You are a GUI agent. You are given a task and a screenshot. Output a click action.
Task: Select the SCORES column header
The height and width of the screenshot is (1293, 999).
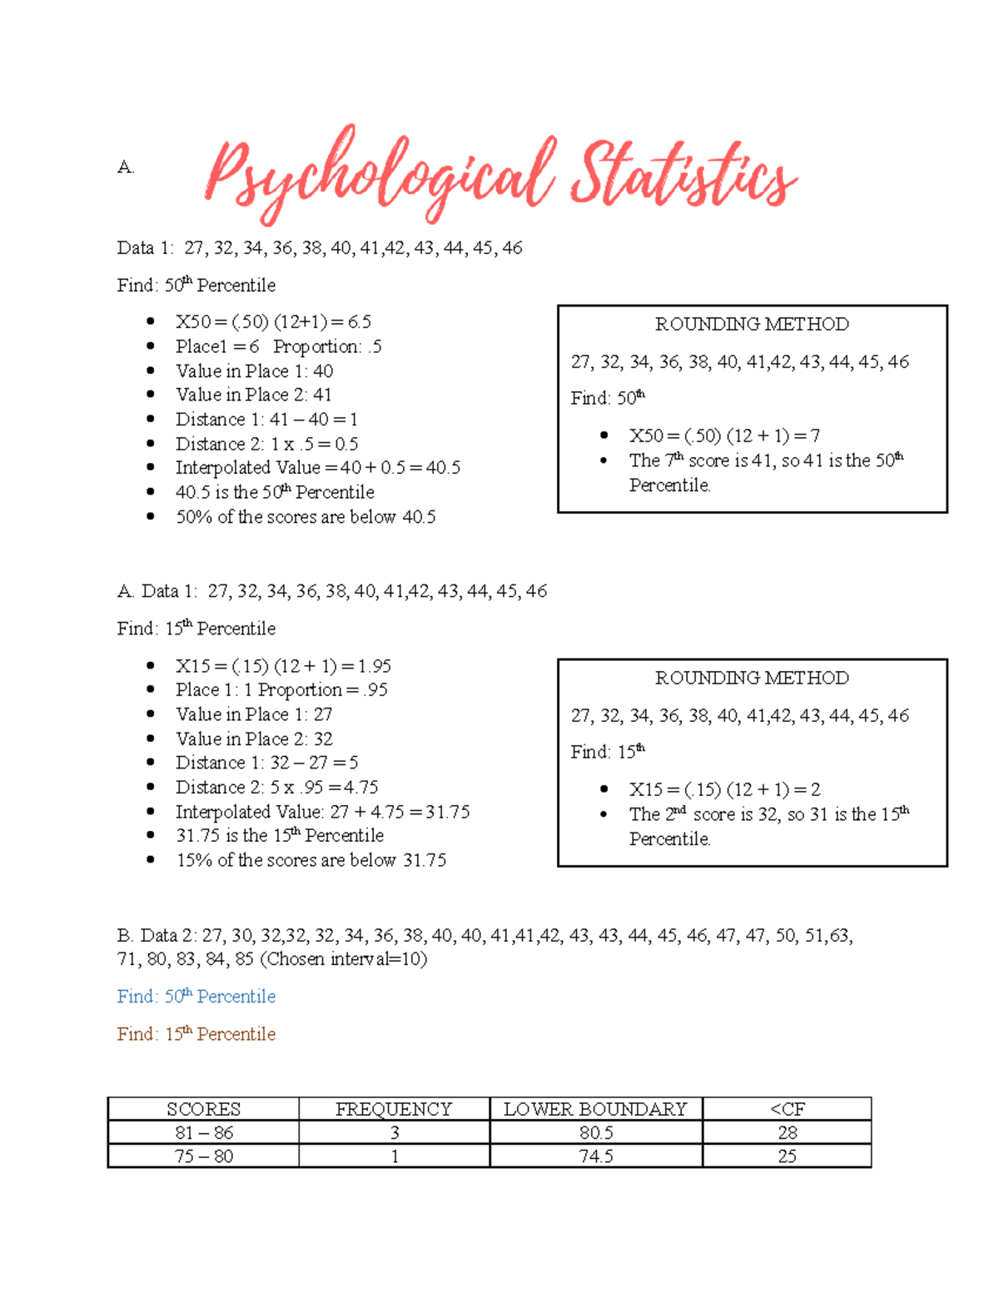click(203, 1109)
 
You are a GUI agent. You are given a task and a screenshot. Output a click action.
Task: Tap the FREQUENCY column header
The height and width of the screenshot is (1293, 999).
click(394, 1109)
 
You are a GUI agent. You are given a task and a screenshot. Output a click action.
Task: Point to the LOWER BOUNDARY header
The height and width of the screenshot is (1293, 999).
click(595, 1109)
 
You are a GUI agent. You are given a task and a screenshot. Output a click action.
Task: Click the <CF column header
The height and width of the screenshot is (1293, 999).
click(787, 1109)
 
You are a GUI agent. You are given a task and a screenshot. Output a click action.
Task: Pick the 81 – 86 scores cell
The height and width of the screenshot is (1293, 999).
click(204, 1132)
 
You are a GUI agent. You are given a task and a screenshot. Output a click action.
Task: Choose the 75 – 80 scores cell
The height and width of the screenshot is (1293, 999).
click(204, 1156)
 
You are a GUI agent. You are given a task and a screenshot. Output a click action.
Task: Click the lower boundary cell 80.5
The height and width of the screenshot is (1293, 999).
click(596, 1132)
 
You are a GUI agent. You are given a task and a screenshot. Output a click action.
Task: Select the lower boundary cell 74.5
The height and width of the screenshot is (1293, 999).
click(596, 1156)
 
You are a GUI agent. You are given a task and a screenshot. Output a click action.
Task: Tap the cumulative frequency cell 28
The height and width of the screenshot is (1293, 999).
click(787, 1132)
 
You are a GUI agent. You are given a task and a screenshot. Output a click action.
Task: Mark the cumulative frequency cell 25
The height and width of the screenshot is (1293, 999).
click(787, 1156)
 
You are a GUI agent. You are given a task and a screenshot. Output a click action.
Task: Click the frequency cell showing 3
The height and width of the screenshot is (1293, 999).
click(394, 1132)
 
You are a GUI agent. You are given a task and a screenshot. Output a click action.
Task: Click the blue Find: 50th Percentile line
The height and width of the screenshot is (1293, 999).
click(196, 997)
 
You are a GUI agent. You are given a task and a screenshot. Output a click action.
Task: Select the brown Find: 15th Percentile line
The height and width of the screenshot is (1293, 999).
click(196, 1034)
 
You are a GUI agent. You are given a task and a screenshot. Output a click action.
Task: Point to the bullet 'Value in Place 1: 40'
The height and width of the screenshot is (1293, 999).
click(254, 371)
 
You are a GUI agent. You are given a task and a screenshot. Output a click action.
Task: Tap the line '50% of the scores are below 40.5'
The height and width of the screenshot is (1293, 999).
click(306, 517)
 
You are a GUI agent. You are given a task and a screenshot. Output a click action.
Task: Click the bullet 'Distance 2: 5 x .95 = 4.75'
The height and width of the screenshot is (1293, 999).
click(276, 788)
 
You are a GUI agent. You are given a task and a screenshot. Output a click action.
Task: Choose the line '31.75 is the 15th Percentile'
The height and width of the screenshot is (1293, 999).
click(280, 836)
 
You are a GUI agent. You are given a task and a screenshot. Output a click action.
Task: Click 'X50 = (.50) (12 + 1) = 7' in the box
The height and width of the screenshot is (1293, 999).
click(724, 435)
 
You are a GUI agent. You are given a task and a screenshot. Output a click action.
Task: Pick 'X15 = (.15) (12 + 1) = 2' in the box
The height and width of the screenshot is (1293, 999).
click(724, 789)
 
